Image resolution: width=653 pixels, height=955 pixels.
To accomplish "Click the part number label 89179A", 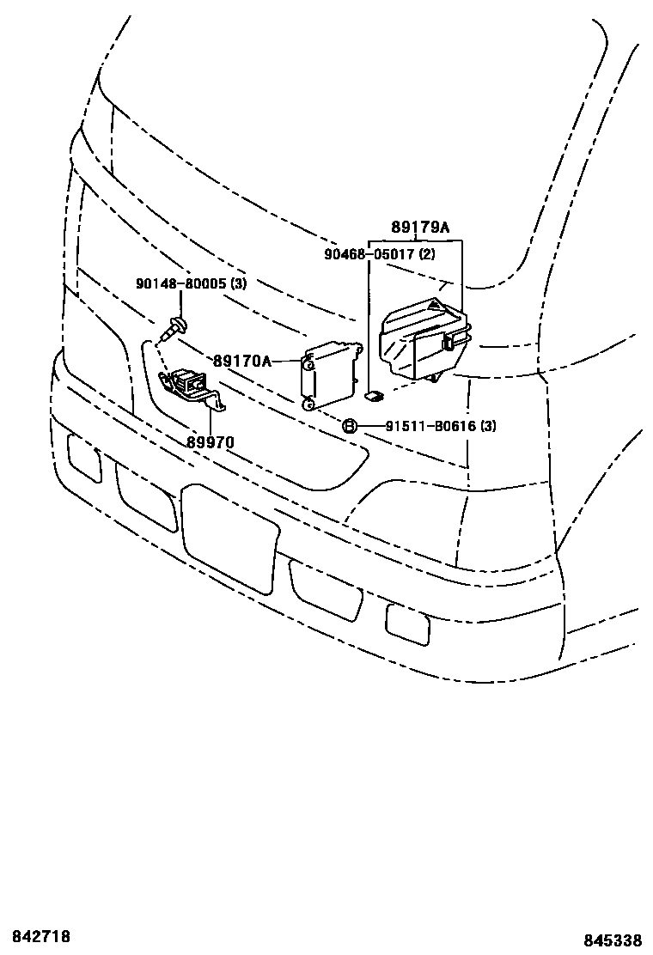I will (419, 228).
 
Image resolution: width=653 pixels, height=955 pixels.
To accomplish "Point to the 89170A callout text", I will (241, 362).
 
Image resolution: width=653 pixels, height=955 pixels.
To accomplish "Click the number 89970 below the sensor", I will (211, 443).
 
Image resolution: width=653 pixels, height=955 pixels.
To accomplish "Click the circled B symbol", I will (350, 426).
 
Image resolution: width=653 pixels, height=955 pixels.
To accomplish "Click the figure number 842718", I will (40, 935).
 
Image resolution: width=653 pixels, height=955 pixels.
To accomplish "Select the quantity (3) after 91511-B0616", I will (488, 426).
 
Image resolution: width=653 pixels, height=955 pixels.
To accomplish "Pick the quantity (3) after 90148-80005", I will (237, 283).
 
